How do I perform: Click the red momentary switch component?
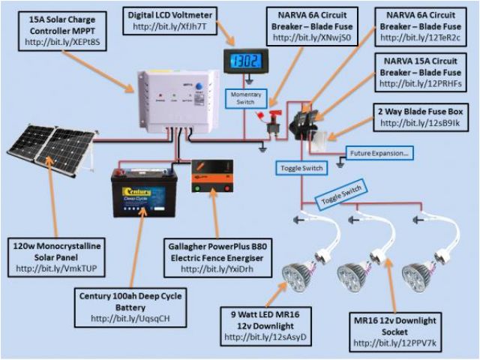pyautogui.click(x=266, y=118)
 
